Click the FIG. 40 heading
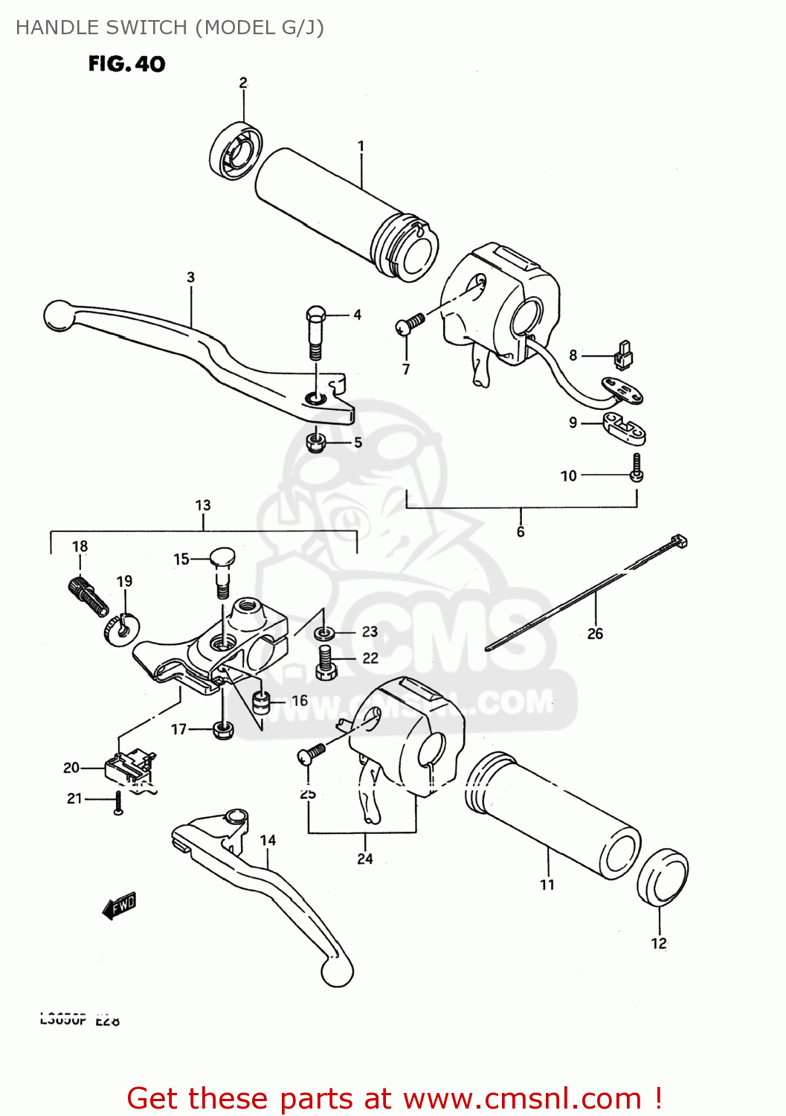coord(126,64)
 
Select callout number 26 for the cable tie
coord(595,634)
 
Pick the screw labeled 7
coord(409,324)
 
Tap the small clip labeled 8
coord(623,356)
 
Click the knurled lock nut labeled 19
coord(119,630)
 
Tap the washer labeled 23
coord(323,634)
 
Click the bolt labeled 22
coord(326,661)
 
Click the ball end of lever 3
coord(59,315)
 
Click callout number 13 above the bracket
coord(203,506)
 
